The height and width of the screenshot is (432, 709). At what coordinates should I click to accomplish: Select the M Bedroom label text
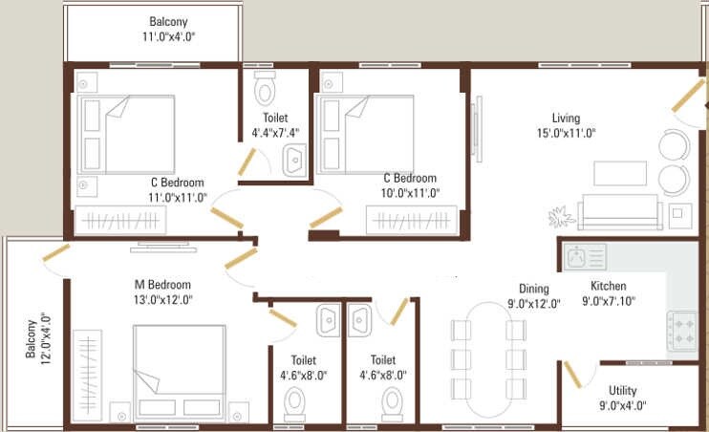[162, 285]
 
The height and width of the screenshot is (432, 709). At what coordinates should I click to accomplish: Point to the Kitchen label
[608, 286]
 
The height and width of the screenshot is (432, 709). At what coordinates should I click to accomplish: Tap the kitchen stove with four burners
[682, 331]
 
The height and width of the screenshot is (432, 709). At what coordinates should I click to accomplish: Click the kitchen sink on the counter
[585, 256]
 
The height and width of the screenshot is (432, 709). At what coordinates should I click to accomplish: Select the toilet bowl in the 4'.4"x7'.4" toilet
[265, 90]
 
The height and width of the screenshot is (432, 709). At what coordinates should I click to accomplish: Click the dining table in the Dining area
[488, 361]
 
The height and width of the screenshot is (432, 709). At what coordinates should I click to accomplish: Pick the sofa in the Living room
[619, 211]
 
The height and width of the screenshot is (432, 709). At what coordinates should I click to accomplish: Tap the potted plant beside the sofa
[560, 214]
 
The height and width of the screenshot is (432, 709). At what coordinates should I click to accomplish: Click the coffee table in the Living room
[619, 172]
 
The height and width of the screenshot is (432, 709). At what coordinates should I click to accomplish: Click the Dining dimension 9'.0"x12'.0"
[533, 305]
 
